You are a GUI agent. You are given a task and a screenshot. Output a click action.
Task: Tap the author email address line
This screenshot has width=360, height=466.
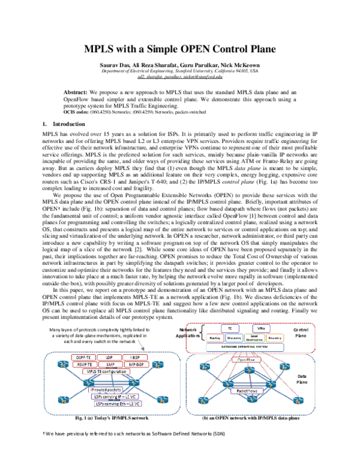coord(179,77)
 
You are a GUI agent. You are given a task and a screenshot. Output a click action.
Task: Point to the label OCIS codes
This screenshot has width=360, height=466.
coord(77,112)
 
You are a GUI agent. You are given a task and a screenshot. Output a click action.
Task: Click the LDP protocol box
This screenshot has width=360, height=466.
coord(108,357)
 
